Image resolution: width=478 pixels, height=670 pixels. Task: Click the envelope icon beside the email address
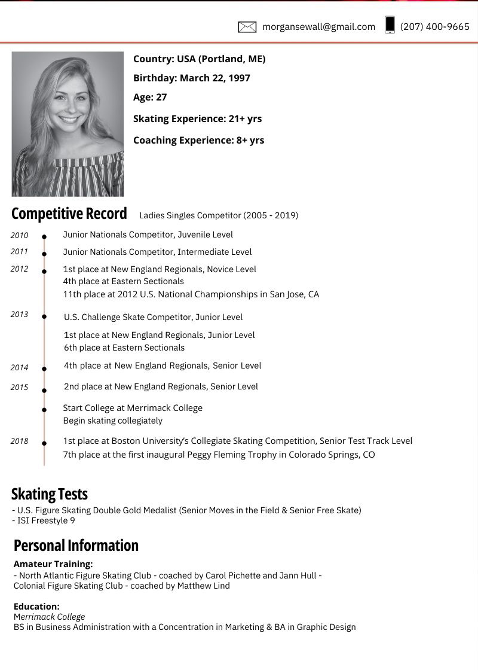coord(247,26)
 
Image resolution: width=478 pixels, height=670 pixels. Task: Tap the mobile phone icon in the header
coord(390,25)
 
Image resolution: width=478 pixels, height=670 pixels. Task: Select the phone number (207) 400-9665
coord(435,26)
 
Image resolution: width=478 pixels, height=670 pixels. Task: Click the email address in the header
coord(319,26)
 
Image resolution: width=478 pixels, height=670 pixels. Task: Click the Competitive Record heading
coord(69,214)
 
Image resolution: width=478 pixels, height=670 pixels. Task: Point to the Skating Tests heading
coord(50,494)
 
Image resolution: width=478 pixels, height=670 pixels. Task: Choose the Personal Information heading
coord(76,546)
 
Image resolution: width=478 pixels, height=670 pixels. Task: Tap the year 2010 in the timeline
coord(19,235)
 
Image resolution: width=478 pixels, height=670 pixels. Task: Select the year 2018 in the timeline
coord(19,441)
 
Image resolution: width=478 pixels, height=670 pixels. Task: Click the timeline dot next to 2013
coord(44,316)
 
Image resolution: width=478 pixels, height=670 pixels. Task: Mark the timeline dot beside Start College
coord(44,410)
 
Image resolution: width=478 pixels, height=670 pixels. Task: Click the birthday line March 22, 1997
coord(192,78)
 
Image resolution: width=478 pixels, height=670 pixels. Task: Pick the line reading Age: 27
coord(150,97)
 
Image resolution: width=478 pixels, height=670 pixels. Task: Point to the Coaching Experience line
coord(198,140)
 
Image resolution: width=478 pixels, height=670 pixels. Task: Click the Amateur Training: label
coord(53,564)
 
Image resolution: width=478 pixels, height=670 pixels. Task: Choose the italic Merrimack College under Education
coord(49,617)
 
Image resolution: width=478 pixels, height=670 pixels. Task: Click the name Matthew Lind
coord(203,586)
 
